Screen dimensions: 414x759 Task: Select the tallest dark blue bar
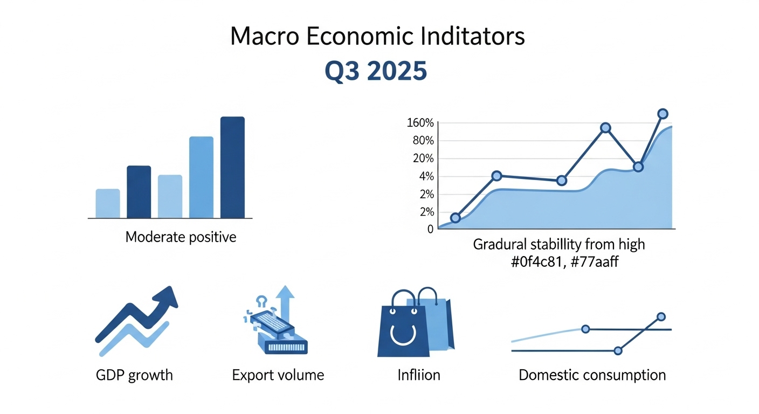[x=232, y=167]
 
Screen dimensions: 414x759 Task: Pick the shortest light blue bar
[x=108, y=203]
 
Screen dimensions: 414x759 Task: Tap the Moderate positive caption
[x=181, y=237]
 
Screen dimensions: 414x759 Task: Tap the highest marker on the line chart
[x=663, y=114]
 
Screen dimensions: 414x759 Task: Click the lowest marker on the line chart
[x=456, y=218]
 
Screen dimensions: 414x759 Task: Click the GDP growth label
[x=134, y=375]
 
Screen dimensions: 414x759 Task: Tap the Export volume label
[x=278, y=375]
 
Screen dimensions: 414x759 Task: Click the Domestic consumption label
[x=592, y=375]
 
